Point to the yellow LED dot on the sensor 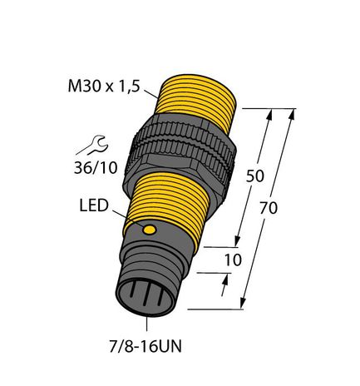pyautogui.click(x=150, y=229)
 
